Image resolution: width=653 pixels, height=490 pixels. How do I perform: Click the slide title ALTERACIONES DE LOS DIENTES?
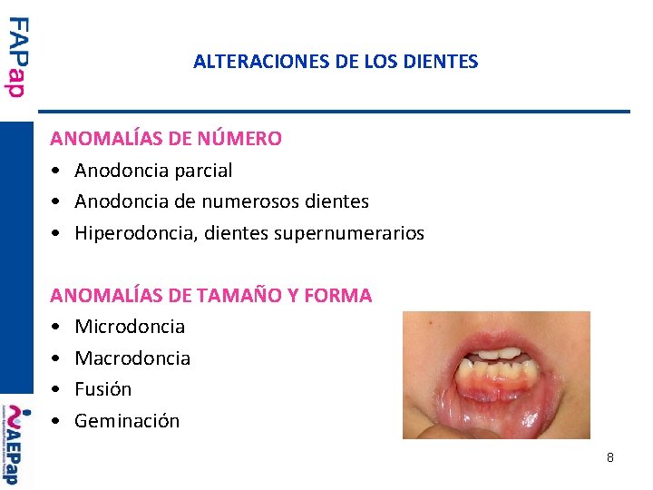pyautogui.click(x=336, y=63)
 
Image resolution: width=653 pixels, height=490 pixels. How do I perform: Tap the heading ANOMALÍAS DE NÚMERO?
pyautogui.click(x=166, y=139)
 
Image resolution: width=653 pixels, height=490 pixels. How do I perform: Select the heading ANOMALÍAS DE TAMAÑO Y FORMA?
pyautogui.click(x=210, y=295)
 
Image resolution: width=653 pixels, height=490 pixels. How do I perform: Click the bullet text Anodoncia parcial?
pyautogui.click(x=153, y=171)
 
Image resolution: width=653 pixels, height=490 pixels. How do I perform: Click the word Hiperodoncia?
pyautogui.click(x=135, y=233)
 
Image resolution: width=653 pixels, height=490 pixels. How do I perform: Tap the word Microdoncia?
pyautogui.click(x=130, y=327)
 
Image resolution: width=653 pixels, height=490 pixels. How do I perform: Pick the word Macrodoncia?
pyautogui.click(x=132, y=358)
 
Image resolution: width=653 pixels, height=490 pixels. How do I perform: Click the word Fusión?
pyautogui.click(x=103, y=389)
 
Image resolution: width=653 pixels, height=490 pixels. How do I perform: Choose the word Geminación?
pyautogui.click(x=127, y=421)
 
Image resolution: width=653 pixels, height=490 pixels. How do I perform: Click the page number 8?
pyautogui.click(x=610, y=457)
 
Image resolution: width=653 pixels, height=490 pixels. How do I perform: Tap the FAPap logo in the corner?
pyautogui.click(x=17, y=57)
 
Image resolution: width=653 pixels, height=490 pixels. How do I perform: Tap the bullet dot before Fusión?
pyautogui.click(x=56, y=390)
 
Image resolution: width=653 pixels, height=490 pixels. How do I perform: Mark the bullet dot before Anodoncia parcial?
pyautogui.click(x=56, y=171)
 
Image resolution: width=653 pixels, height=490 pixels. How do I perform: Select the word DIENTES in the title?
pyautogui.click(x=444, y=63)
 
